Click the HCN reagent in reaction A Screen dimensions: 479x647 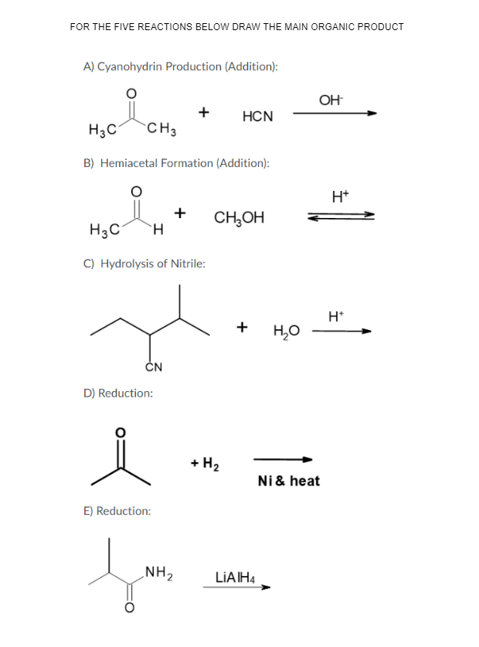point(257,117)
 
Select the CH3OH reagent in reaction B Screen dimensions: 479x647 point(239,218)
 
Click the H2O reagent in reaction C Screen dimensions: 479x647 point(286,332)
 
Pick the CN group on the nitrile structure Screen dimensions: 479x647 point(153,366)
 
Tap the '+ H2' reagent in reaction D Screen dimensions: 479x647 point(205,464)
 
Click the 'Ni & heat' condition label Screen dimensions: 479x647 point(288,481)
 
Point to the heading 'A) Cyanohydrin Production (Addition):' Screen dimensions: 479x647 point(180,66)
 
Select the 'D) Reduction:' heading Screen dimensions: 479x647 point(117,393)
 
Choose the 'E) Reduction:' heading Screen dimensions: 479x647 point(117,510)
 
